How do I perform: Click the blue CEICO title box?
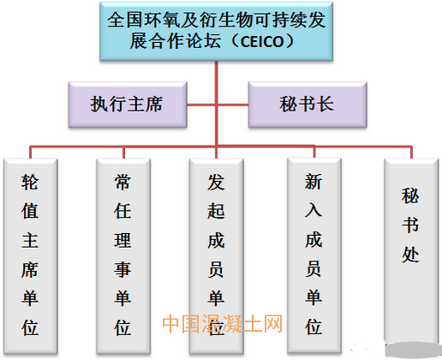pyautogui.click(x=216, y=31)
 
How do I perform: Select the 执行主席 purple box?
pyautogui.click(x=128, y=105)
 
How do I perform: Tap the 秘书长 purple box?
pyautogui.click(x=308, y=105)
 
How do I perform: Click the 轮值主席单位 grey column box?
pyautogui.click(x=30, y=256)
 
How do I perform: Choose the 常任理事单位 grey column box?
pyautogui.click(x=123, y=256)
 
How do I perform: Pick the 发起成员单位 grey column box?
pyautogui.click(x=216, y=256)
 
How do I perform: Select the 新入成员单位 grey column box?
pyautogui.click(x=314, y=255)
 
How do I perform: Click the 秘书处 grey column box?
pyautogui.click(x=411, y=251)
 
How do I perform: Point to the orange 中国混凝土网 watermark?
pyautogui.click(x=222, y=323)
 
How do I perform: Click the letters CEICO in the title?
pyautogui.click(x=262, y=42)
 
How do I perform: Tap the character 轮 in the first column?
pyautogui.click(x=30, y=182)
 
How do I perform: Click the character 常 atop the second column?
pyautogui.click(x=123, y=182)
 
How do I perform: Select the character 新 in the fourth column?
pyautogui.click(x=314, y=181)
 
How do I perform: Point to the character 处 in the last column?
pyautogui.click(x=410, y=255)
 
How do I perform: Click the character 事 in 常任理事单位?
pyautogui.click(x=123, y=269)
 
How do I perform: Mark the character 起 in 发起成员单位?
pyautogui.click(x=216, y=211)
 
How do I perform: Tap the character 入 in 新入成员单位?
pyautogui.click(x=314, y=210)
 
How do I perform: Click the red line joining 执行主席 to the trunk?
pyautogui.click(x=201, y=105)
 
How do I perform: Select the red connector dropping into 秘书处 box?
pyautogui.click(x=411, y=153)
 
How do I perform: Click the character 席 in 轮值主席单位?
pyautogui.click(x=30, y=269)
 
